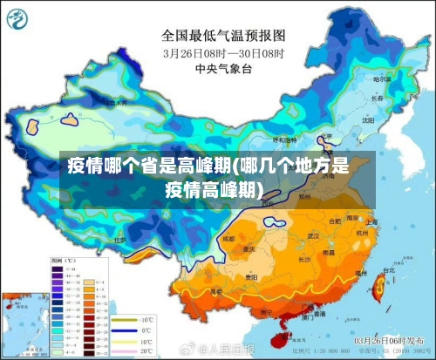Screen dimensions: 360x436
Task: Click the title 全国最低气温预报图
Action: point(223,36)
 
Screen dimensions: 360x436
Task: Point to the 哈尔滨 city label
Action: point(381,79)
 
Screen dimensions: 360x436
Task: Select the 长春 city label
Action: point(376,98)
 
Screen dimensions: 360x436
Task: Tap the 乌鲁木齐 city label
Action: point(113,102)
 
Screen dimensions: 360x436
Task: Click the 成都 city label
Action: point(228,237)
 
